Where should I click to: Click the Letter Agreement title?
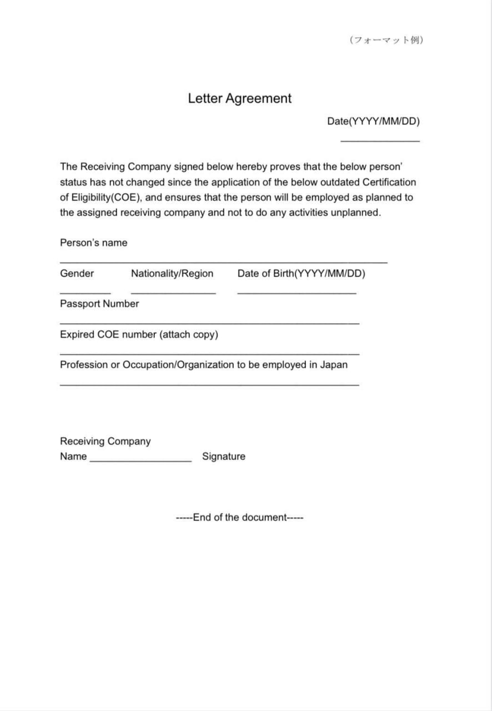(239, 98)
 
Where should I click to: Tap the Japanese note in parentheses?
(386, 40)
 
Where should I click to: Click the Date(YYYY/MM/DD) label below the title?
(373, 121)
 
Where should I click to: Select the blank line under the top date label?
(380, 141)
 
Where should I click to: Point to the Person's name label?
(93, 243)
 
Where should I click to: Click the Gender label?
(77, 273)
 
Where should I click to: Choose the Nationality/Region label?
(172, 273)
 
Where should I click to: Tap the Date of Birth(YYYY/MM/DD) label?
(301, 273)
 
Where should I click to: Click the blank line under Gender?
(85, 293)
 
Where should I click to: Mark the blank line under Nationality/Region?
(173, 293)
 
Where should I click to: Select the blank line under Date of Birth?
(297, 293)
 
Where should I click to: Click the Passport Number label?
(99, 304)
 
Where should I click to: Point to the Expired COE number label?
(139, 334)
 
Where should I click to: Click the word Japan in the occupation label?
(334, 365)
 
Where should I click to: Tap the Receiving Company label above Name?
(105, 442)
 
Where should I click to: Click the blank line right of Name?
(140, 461)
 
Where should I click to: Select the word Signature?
(223, 457)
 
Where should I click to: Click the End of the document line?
(239, 518)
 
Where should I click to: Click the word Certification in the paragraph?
(389, 182)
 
